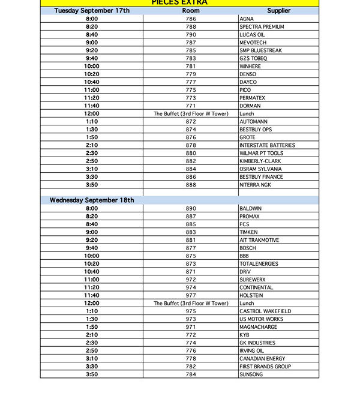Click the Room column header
click(191, 11)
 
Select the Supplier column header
click(278, 11)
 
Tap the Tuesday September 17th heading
click(91, 11)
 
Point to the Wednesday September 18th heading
click(92, 200)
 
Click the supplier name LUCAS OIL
click(252, 35)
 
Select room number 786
click(191, 19)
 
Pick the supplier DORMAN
click(250, 106)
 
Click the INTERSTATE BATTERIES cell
click(267, 145)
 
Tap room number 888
click(191, 185)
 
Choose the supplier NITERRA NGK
click(255, 185)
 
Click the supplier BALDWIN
click(251, 208)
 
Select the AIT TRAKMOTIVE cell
click(259, 240)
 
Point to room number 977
click(191, 295)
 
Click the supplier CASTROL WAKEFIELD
click(265, 311)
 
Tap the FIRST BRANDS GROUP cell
click(265, 367)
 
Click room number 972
click(191, 280)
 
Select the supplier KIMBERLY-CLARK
click(261, 161)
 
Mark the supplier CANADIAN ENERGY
click(263, 359)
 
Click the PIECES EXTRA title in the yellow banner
click(179, 3)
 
